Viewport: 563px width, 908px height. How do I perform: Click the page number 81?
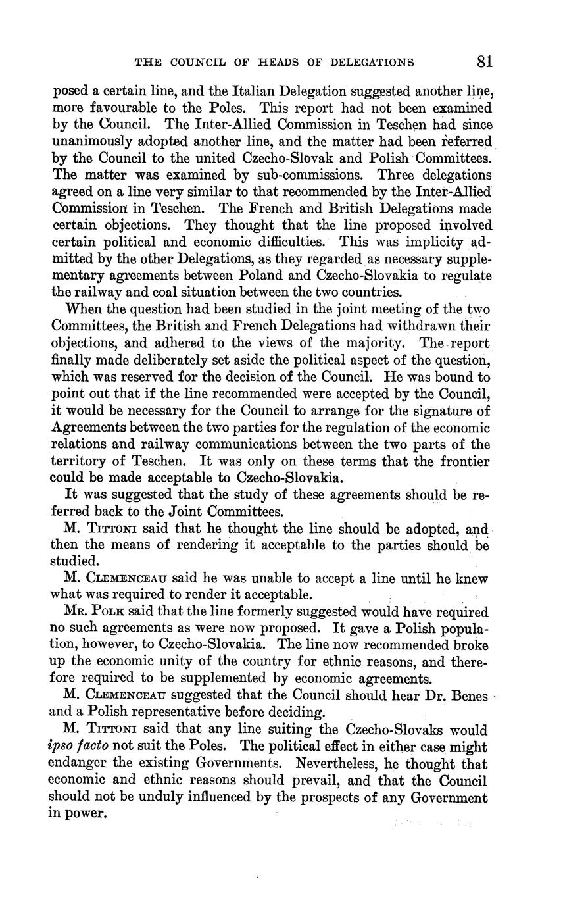[485, 62]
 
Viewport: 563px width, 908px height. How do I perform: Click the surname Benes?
[465, 697]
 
